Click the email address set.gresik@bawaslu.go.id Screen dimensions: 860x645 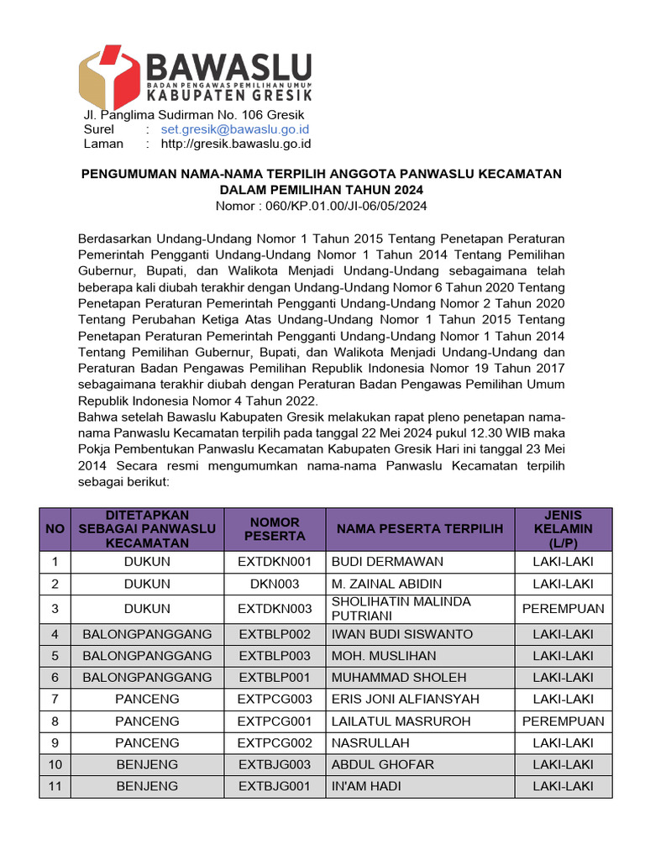(x=235, y=129)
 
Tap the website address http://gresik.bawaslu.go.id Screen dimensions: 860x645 (x=223, y=144)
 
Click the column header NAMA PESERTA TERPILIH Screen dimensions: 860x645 (x=419, y=528)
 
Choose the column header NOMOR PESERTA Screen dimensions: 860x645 (x=275, y=528)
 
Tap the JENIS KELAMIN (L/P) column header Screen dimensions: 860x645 (x=563, y=528)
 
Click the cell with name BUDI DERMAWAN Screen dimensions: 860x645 (x=387, y=562)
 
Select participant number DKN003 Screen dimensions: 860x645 (x=275, y=584)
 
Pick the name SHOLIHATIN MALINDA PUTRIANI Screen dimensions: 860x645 (x=401, y=608)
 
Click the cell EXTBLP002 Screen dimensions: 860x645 (x=275, y=634)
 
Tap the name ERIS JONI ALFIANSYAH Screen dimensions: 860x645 (x=406, y=699)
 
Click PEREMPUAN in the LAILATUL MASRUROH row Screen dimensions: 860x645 (x=563, y=721)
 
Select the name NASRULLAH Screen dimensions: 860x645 (x=370, y=742)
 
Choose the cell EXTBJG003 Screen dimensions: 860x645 (x=275, y=764)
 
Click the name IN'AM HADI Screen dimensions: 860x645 (x=366, y=786)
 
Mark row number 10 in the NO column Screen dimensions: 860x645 (x=55, y=764)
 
